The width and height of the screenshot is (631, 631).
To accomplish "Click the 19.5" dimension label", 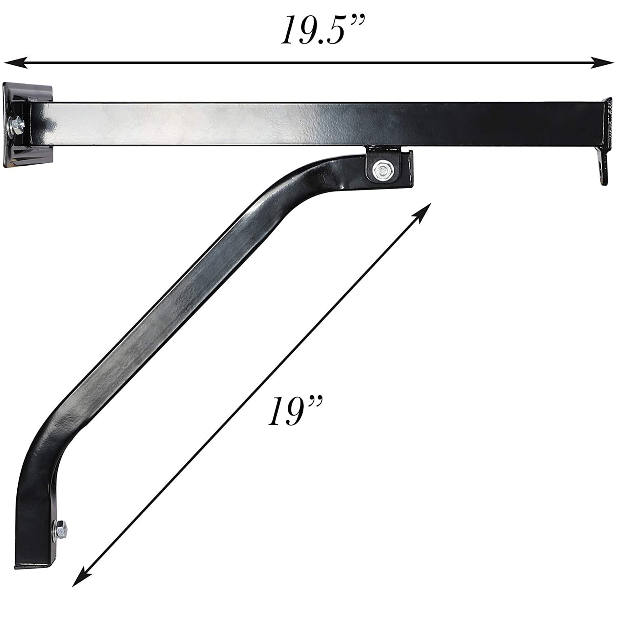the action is click(x=323, y=30).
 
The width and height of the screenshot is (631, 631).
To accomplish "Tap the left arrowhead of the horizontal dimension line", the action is click(x=16, y=62).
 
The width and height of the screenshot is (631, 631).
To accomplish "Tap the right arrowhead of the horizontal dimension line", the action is click(x=602, y=62).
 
